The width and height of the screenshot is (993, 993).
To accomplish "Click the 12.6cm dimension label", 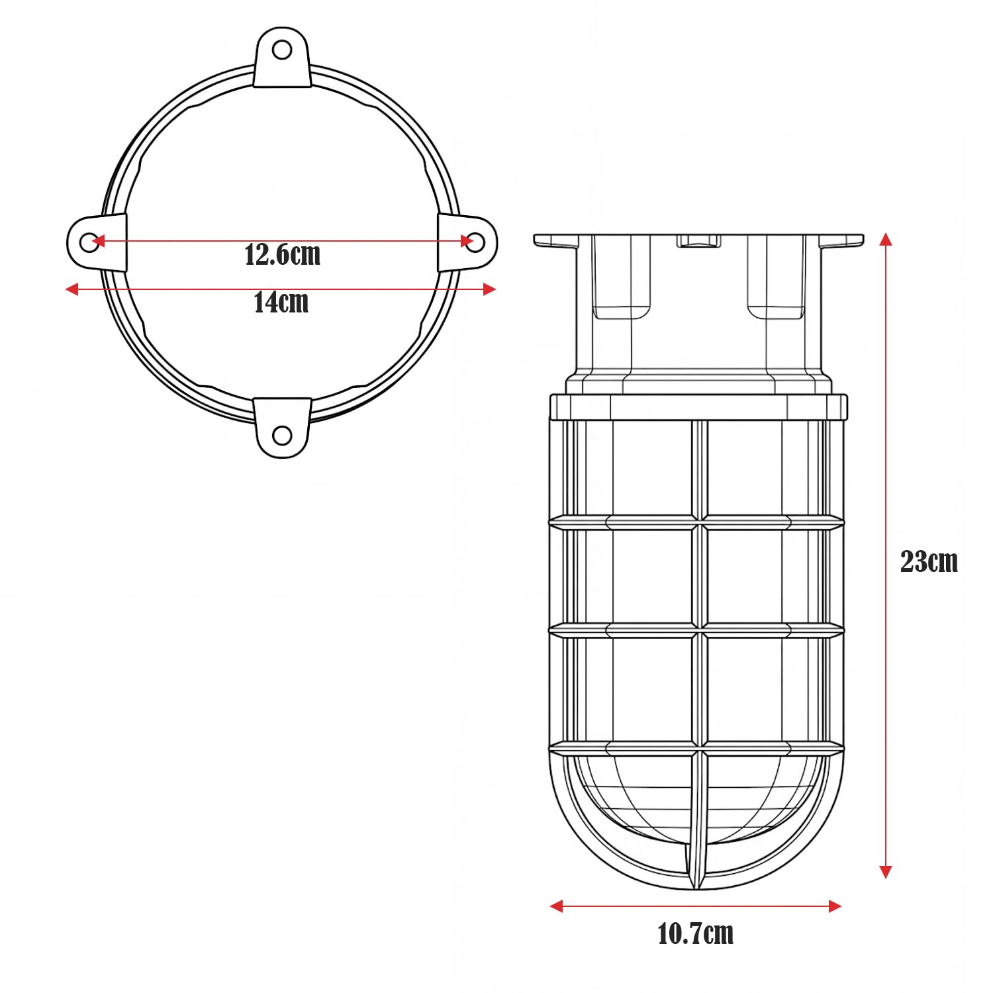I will click(x=283, y=255).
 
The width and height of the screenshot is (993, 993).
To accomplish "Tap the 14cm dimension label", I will click(x=281, y=303).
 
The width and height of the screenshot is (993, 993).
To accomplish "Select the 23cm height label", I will click(x=929, y=561).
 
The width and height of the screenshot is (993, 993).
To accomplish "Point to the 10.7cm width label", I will click(x=695, y=933).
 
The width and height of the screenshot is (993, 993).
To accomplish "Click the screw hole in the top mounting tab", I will click(x=282, y=50).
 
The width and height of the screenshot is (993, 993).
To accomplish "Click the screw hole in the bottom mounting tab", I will click(x=282, y=435).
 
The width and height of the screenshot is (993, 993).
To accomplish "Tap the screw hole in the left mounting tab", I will click(x=89, y=242).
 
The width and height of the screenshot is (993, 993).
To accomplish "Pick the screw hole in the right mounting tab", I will click(x=475, y=242).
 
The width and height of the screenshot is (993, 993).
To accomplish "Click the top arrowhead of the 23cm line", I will click(x=886, y=239).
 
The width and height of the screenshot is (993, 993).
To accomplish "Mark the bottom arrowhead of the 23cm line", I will click(x=886, y=872).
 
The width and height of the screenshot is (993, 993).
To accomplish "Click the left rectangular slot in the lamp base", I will click(x=621, y=278).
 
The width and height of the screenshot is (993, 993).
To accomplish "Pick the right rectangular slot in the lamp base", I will click(x=776, y=278).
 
